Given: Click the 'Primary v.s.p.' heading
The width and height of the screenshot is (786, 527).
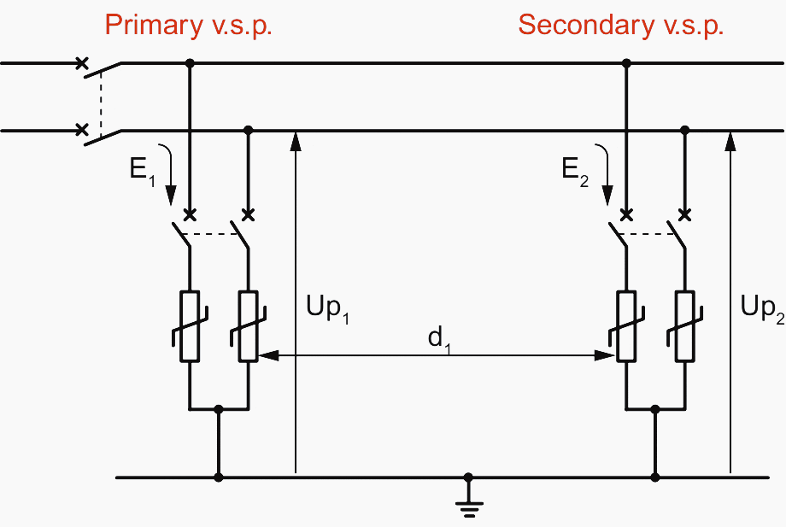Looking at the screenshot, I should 188,25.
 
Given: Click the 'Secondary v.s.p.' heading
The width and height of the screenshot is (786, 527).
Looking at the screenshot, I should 621,25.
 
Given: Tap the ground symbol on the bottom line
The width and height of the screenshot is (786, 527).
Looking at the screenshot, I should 467,501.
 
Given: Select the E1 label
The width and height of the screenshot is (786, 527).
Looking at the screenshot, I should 140,169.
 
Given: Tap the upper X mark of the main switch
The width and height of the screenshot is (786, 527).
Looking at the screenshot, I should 82,62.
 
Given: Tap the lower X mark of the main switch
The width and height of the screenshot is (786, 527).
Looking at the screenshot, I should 82,130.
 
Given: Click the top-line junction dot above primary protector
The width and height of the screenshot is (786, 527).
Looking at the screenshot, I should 190,63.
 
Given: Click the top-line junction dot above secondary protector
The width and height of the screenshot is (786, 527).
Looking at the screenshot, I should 626,63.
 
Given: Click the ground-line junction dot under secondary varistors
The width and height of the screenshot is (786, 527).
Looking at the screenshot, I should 655,477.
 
